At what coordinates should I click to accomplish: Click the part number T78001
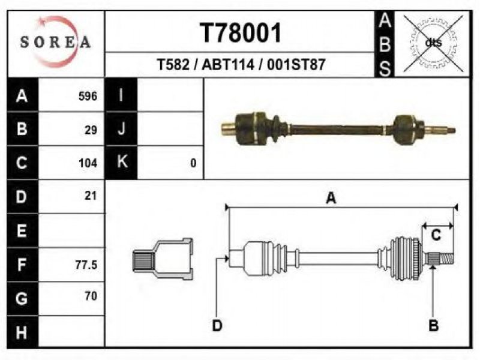(241, 33)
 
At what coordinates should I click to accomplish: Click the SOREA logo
(55, 41)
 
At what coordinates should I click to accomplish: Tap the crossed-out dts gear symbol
(433, 43)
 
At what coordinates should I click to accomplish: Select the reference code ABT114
(228, 65)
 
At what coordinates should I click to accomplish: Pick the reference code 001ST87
(296, 65)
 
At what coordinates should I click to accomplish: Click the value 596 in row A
(88, 96)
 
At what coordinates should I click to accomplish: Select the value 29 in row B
(91, 130)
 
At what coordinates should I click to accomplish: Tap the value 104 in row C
(88, 163)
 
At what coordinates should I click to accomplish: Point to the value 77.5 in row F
(86, 265)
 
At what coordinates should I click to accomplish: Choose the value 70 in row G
(91, 296)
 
